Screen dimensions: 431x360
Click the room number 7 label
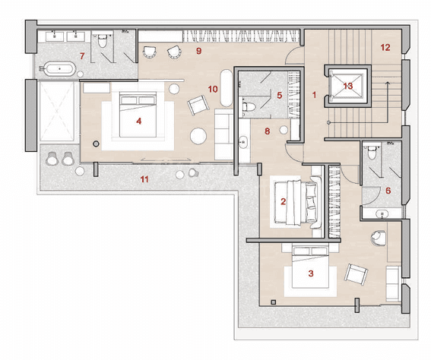tap(82, 56)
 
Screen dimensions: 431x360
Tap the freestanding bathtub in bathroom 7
tap(59, 68)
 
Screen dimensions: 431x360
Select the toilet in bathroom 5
tap(249, 106)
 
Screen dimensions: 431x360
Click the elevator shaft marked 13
tap(347, 86)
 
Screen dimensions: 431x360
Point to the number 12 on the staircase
tap(385, 48)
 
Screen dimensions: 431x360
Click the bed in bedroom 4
tap(138, 115)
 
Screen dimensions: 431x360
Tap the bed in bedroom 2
tap(297, 201)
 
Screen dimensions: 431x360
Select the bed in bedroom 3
tap(311, 267)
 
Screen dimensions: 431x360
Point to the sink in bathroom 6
tap(382, 213)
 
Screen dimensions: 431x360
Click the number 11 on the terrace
tap(144, 179)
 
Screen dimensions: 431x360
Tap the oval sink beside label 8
tap(243, 142)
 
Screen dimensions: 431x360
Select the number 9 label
tap(198, 51)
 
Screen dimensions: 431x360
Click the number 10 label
tap(213, 89)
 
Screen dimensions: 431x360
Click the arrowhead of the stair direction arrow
tap(388, 83)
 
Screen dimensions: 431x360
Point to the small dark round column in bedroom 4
tap(96, 144)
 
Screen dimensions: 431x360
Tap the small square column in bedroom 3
tap(273, 302)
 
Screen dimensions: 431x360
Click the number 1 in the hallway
tap(314, 95)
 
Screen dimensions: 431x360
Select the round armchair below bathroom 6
tap(379, 238)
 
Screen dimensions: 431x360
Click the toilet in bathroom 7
tap(102, 41)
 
